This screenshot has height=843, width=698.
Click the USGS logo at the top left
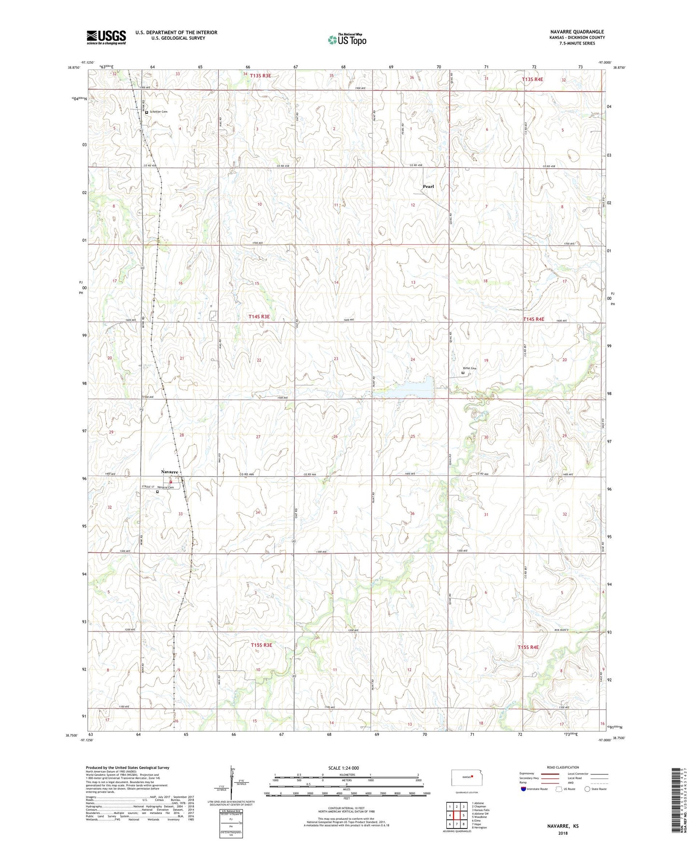(x=106, y=37)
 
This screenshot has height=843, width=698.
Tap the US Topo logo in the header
(x=346, y=40)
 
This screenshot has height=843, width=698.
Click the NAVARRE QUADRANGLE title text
(x=577, y=32)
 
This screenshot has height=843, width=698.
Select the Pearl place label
(x=428, y=186)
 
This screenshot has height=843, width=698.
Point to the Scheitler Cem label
(x=158, y=112)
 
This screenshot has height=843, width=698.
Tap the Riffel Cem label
(x=470, y=368)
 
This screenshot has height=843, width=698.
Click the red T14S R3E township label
(x=259, y=317)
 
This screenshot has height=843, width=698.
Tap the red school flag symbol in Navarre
(x=171, y=481)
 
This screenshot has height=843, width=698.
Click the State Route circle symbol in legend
(x=587, y=789)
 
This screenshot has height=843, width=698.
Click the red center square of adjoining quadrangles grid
(x=456, y=815)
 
